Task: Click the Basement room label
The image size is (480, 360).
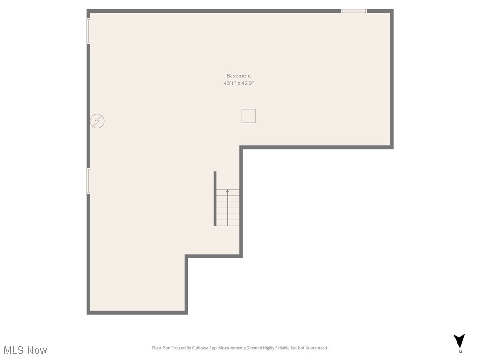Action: coord(239,75)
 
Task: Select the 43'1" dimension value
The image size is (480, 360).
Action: coord(230,83)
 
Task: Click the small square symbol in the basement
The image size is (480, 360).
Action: coord(248,116)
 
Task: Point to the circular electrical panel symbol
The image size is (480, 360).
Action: coord(97,121)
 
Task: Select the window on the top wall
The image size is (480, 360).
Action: coord(354,11)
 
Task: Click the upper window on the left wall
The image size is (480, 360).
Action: coord(88,31)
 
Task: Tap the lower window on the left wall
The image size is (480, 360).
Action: coord(88,181)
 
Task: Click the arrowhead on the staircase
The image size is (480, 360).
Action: coord(228,191)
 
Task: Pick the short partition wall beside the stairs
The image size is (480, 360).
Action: coord(215,198)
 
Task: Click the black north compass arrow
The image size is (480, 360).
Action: coord(459,341)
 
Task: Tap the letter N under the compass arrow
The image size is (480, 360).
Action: coord(460,352)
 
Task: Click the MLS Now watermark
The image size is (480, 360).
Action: coord(25,350)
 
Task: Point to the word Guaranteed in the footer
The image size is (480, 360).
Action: coord(316,348)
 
